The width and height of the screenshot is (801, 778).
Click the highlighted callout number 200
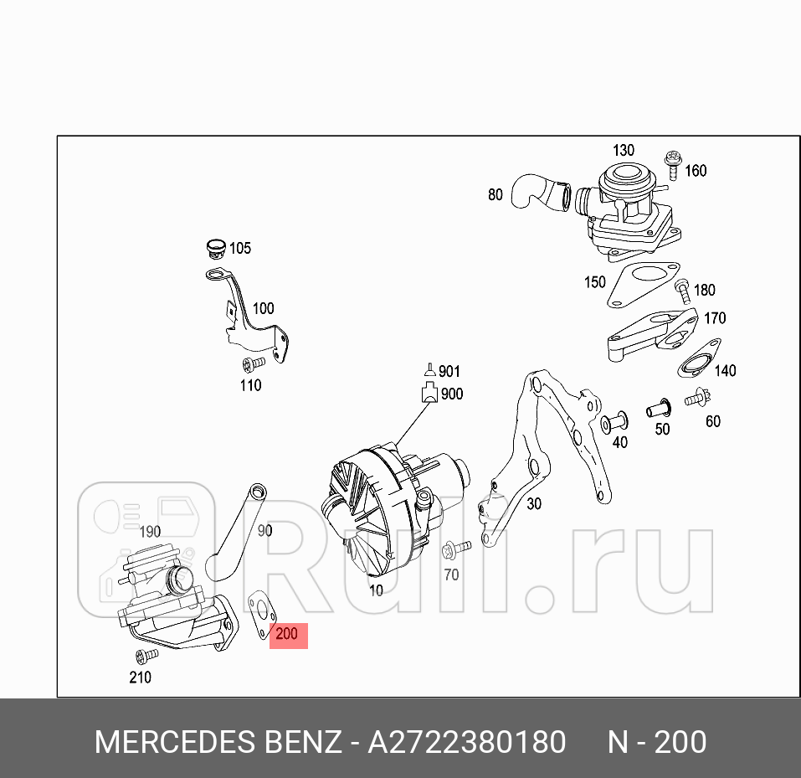[x=286, y=635]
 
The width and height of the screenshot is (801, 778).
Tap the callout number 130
[x=624, y=151]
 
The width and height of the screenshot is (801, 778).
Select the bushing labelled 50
[x=659, y=410]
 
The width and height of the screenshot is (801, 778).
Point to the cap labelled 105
[x=216, y=248]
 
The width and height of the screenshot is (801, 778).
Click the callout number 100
[x=263, y=308]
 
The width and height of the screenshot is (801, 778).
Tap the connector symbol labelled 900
[x=429, y=393]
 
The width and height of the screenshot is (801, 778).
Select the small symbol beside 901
[x=429, y=369]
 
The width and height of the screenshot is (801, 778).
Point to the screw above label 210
[x=146, y=654]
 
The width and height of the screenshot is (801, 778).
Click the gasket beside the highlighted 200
[x=261, y=614]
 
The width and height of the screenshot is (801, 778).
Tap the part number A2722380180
[x=467, y=742]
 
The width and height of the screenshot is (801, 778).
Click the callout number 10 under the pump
[x=376, y=590]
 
